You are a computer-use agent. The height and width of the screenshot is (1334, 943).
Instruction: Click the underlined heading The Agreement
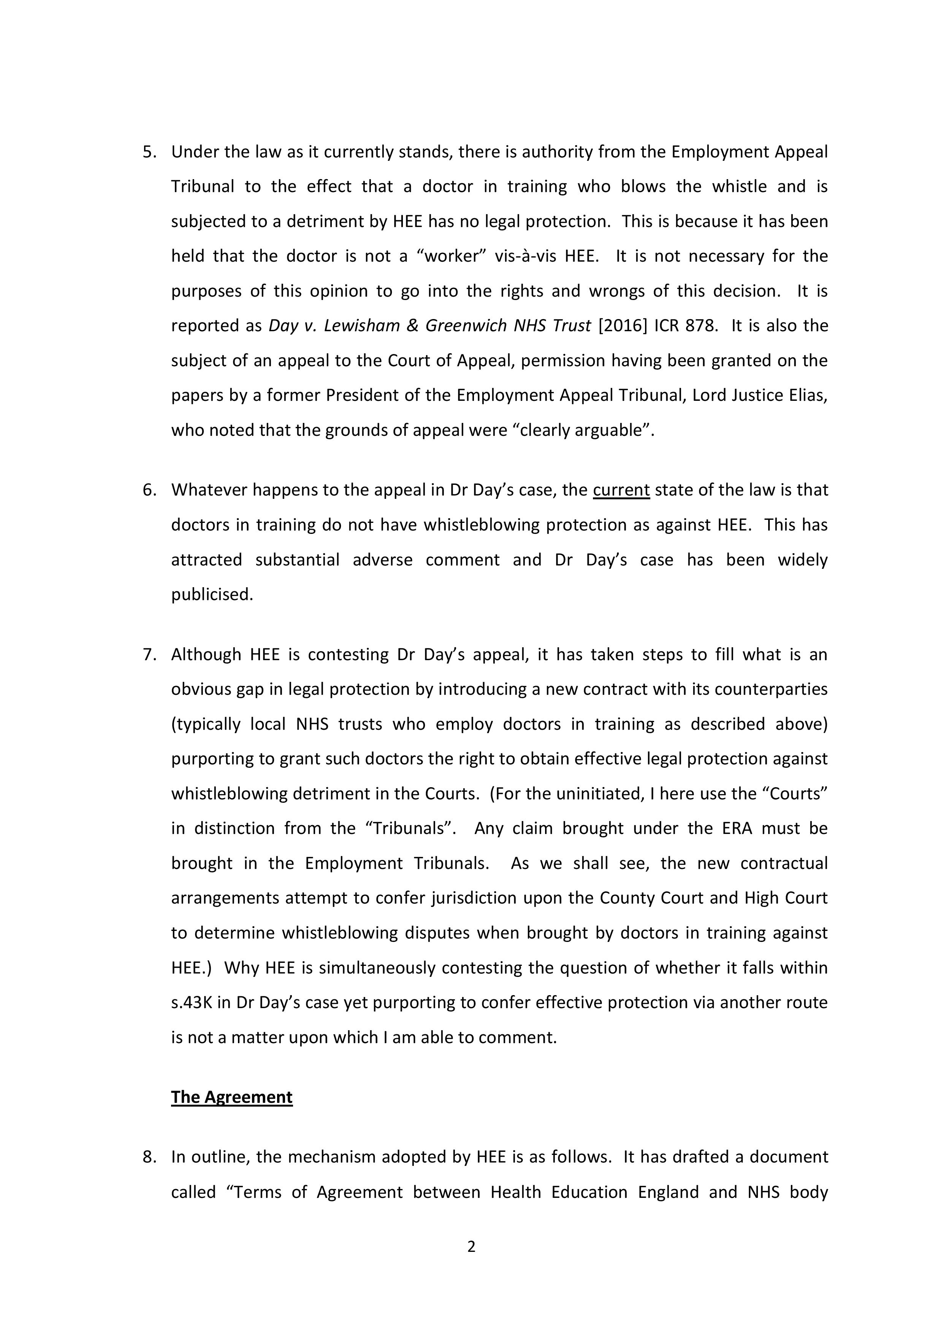[232, 1097]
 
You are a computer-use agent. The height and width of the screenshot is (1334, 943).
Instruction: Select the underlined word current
[621, 491]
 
